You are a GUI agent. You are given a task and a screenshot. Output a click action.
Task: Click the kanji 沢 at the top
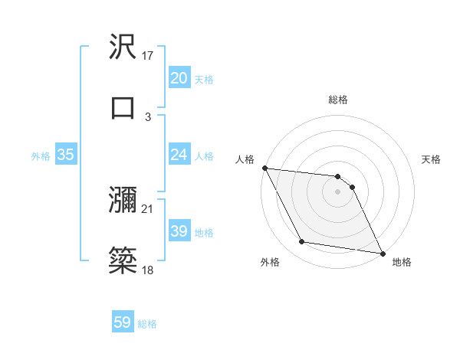123,47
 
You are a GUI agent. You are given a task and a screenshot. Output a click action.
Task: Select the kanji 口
123,107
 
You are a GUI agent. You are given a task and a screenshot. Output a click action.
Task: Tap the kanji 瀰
123,201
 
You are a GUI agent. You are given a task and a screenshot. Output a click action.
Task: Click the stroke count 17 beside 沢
149,56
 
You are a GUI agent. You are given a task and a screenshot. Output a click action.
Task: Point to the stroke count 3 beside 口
148,116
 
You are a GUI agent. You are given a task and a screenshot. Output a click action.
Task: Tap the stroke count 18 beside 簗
148,270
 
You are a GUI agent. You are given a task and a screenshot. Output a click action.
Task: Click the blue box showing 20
179,78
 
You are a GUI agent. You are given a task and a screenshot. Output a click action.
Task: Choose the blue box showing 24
179,155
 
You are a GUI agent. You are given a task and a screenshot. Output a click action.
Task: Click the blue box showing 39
179,231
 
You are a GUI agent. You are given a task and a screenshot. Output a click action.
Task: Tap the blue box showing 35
65,155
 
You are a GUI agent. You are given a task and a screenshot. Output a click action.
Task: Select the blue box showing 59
122,323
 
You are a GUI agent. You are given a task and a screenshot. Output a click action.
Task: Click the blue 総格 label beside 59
147,324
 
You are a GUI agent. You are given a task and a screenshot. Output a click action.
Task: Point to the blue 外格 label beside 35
41,156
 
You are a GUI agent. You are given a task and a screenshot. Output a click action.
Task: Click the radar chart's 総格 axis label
338,100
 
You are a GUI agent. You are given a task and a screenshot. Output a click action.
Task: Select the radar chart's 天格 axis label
432,159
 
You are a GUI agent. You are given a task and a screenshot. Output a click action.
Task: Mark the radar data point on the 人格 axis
264,168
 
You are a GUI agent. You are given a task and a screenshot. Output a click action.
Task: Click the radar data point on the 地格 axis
382,252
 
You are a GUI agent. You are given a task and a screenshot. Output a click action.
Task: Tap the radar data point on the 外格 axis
302,242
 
